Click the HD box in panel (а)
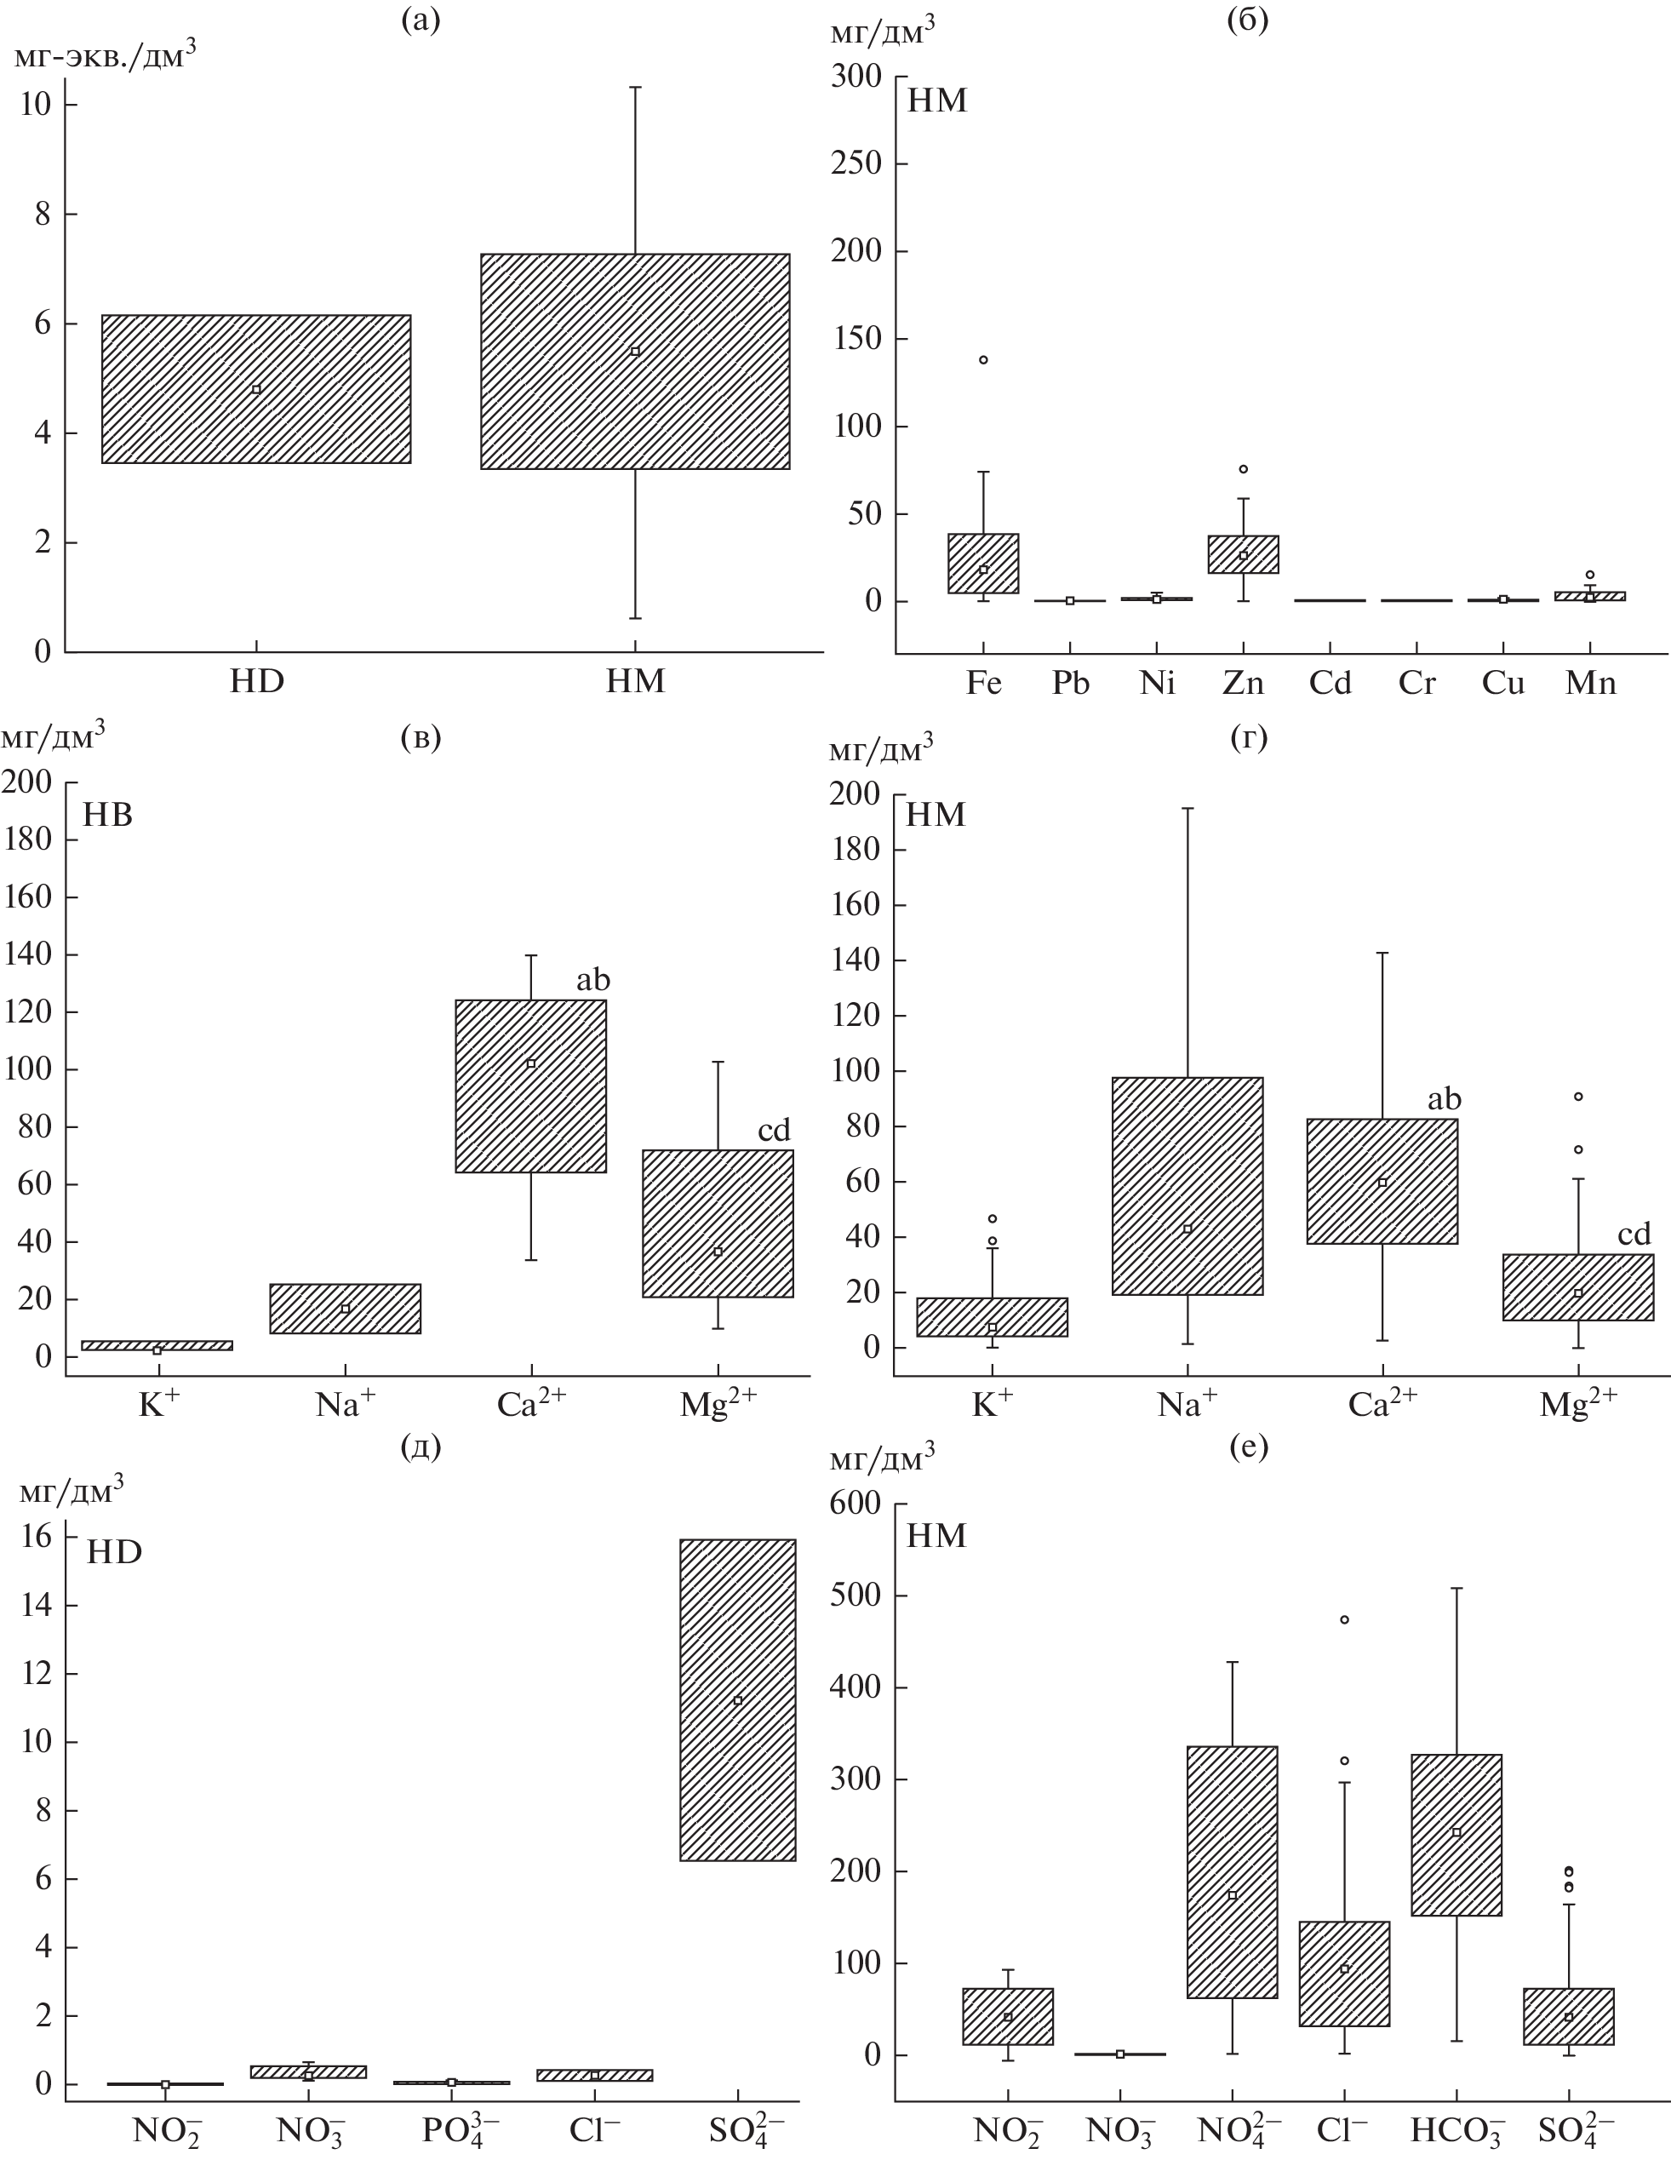(x=256, y=389)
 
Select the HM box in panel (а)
(x=635, y=361)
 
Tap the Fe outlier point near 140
(x=983, y=360)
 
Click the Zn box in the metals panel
(x=1243, y=554)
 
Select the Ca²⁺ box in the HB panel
(x=531, y=1086)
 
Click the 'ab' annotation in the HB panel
(x=593, y=980)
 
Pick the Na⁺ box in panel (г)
(x=1187, y=1185)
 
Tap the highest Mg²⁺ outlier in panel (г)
(x=1578, y=1096)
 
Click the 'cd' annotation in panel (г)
(x=1634, y=1234)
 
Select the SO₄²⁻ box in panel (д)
(x=738, y=1699)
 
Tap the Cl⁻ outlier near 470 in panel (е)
(x=1344, y=1620)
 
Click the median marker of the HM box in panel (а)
(x=635, y=351)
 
